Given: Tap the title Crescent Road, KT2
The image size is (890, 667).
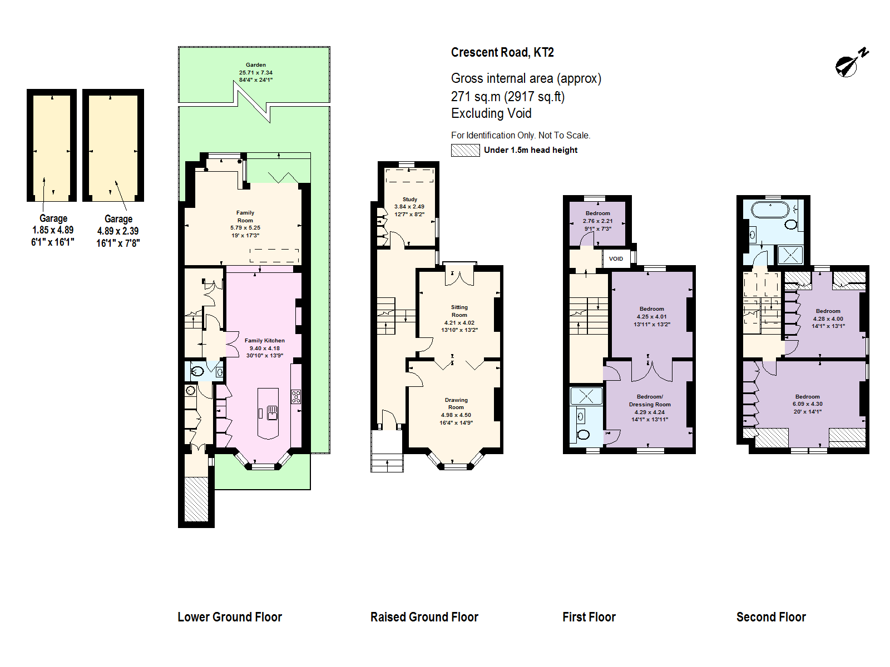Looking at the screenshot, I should pos(502,52).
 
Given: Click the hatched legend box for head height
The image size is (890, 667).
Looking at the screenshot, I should pos(465,150).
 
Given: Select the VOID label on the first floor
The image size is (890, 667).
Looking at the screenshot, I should pos(616,258).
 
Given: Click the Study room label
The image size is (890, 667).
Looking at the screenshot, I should pos(409,206).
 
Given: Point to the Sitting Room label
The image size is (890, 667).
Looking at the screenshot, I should pos(459,318).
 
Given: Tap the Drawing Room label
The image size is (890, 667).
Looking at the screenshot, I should pos(456,411).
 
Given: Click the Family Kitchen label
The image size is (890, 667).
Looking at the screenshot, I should pos(265,348).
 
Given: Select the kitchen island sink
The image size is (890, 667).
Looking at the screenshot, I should pos(272,412).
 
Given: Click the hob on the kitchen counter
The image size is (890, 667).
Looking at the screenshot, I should pos(296,397).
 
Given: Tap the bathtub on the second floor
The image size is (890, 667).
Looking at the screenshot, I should pos(770,210).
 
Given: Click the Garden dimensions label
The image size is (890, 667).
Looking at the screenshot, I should pos(256,72).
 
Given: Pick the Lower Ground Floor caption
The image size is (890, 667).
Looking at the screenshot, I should pos(230,617).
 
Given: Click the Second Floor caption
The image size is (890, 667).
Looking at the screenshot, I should pos(771,617).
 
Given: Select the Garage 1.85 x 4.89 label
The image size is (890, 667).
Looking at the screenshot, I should pos(53,230).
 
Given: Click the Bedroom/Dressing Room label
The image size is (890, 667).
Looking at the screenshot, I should pos(650,408).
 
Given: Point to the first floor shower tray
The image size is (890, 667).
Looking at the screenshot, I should pos(586,396).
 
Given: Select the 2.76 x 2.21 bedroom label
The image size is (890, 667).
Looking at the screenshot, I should pos(598,221).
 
